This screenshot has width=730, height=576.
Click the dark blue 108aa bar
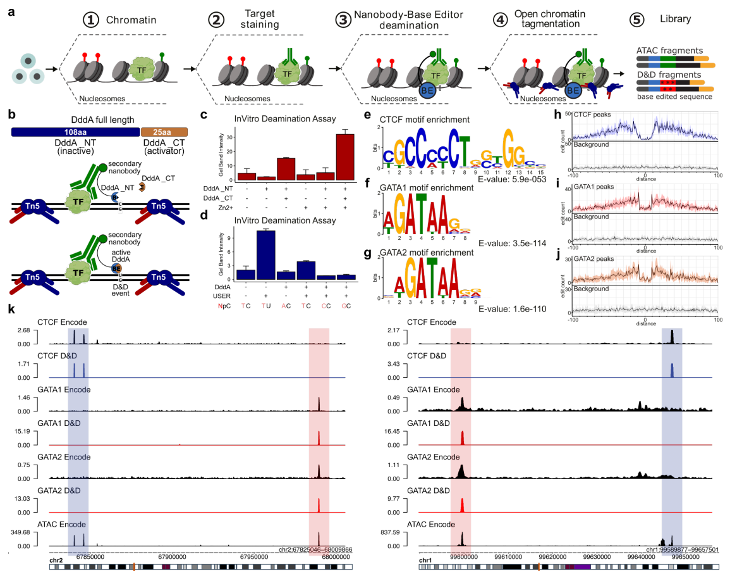pyautogui.click(x=75, y=132)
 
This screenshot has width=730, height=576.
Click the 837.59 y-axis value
pyautogui.click(x=392, y=533)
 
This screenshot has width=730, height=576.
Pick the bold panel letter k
pyautogui.click(x=11, y=310)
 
